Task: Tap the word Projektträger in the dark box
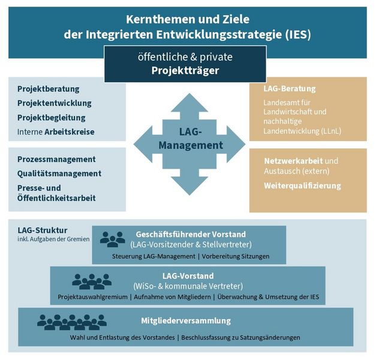point(185,71)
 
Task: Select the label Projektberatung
point(48,89)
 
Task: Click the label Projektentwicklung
point(55,103)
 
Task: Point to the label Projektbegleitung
point(52,118)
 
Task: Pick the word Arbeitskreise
point(70,132)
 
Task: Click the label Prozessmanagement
point(56,160)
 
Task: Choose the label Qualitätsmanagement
point(59,173)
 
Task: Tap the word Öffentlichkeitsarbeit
point(56,198)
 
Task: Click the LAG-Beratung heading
point(290,89)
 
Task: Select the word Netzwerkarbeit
point(293,161)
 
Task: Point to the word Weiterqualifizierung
point(302,186)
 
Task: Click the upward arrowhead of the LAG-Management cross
point(189,103)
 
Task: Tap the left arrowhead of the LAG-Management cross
point(143,145)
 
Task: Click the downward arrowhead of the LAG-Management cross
point(189,186)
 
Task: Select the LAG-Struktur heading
point(43,230)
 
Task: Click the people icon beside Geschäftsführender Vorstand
point(113,239)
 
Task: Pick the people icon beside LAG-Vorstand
point(92,281)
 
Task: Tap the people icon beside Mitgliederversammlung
point(72,322)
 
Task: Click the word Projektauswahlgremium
point(92,297)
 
